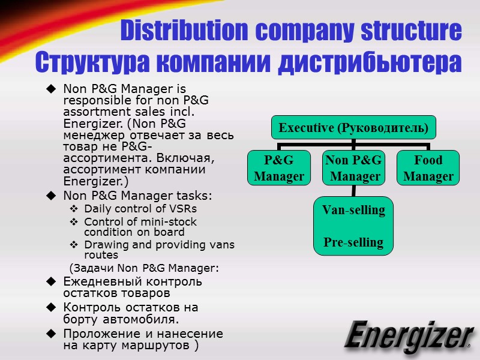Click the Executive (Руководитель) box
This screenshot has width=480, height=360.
tap(354, 128)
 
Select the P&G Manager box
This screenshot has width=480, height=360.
tap(279, 168)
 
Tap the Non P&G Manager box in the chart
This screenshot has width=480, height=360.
tap(353, 168)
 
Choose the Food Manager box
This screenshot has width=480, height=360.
tap(428, 168)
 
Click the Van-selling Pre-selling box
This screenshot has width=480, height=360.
tap(353, 226)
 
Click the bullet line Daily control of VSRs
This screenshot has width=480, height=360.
tap(140, 209)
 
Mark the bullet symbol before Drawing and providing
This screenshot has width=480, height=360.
tap(73, 244)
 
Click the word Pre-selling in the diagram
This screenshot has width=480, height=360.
tap(353, 242)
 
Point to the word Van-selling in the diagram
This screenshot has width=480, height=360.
tap(353, 210)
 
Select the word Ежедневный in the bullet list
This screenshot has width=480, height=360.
tap(99, 281)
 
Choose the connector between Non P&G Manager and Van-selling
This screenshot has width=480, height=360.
tap(353, 191)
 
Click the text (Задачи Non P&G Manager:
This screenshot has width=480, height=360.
tap(144, 268)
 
